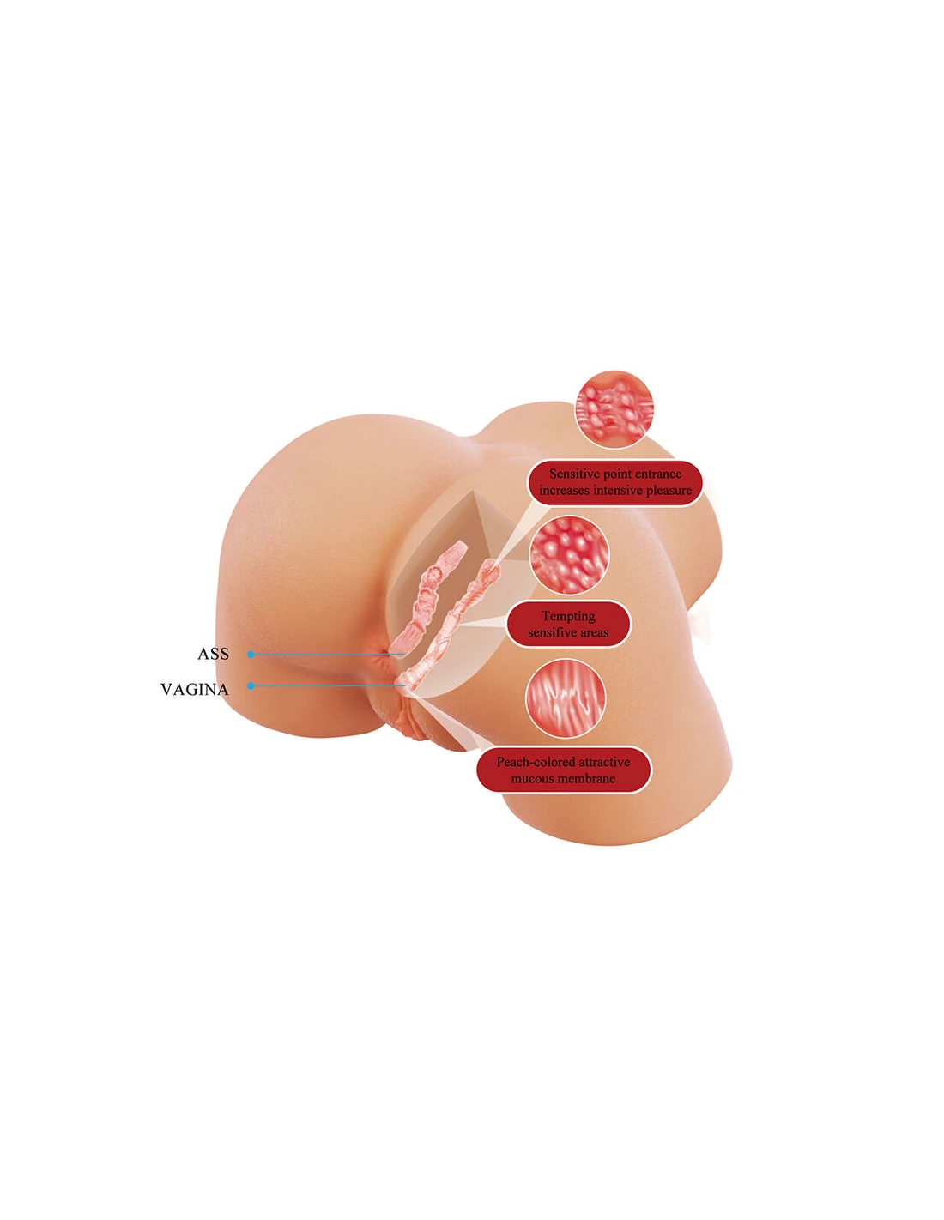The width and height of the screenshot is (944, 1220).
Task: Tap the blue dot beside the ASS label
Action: [x=251, y=654]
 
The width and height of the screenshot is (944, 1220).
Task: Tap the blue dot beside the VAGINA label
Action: [x=251, y=685]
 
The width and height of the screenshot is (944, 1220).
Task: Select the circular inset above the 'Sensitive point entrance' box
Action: [x=614, y=409]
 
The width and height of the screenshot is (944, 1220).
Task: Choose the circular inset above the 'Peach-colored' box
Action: [x=566, y=698]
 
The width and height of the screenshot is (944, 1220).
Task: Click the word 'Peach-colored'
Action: [x=536, y=762]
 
